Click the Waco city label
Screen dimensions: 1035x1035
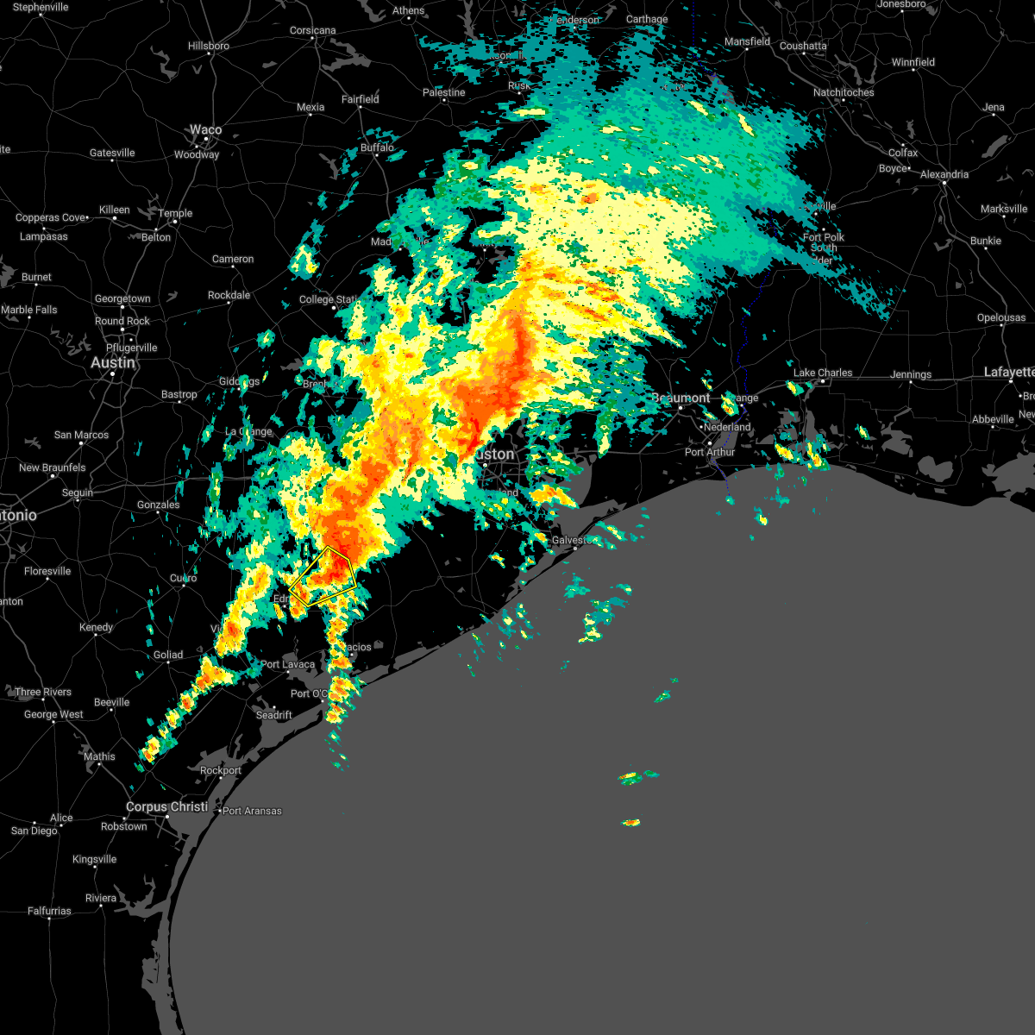(x=205, y=130)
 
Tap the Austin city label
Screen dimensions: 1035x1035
(x=113, y=363)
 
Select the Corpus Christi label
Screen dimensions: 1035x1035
(x=166, y=807)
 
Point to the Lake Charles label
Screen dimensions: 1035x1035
(x=823, y=373)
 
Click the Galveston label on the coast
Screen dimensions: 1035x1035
(x=573, y=540)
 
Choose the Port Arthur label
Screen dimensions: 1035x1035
(x=710, y=452)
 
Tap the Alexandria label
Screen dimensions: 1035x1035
(x=944, y=174)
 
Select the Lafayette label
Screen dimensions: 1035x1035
(x=1009, y=373)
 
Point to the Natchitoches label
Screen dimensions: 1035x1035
(x=843, y=92)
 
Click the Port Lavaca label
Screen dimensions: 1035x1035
(x=288, y=664)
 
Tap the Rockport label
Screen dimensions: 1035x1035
(x=220, y=770)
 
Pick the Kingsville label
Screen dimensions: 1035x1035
(x=94, y=859)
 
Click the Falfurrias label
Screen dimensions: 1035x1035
(x=49, y=911)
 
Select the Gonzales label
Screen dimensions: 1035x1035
(x=158, y=505)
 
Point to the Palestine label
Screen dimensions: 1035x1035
(x=443, y=92)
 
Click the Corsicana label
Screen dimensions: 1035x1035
(x=312, y=30)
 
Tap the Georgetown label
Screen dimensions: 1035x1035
(x=122, y=298)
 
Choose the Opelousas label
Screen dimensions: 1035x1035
(x=1000, y=317)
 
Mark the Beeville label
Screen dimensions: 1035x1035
(x=111, y=702)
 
